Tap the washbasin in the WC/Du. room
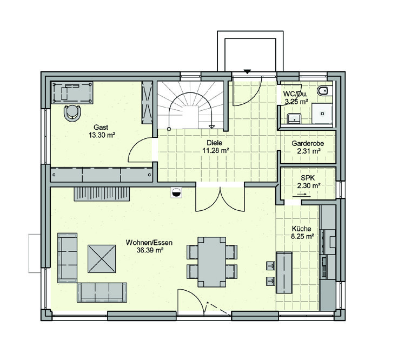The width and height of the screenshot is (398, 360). click(x=294, y=118)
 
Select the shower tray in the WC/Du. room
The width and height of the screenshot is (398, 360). click(x=322, y=114)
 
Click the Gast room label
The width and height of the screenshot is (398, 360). click(x=101, y=127)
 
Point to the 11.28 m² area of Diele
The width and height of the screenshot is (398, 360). click(x=215, y=150)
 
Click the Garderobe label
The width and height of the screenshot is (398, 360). click(x=308, y=143)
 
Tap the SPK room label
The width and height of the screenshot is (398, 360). click(x=308, y=178)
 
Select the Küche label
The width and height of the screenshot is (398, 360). click(x=302, y=229)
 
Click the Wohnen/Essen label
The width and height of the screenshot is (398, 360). click(x=149, y=243)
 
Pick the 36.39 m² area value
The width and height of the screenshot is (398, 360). click(x=150, y=250)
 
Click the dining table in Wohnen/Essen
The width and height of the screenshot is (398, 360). click(x=211, y=262)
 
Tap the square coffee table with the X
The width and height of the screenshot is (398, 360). click(x=102, y=259)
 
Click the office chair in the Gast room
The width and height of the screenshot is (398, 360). click(x=72, y=112)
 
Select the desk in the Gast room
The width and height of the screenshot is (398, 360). click(x=72, y=92)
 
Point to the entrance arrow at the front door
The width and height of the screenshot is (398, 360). click(x=247, y=71)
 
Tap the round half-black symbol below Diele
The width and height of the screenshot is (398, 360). click(x=176, y=192)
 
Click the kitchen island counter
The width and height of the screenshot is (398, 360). click(x=284, y=272)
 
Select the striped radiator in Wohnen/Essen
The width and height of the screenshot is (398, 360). click(x=102, y=195)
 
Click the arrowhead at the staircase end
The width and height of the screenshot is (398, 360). click(x=211, y=127)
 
